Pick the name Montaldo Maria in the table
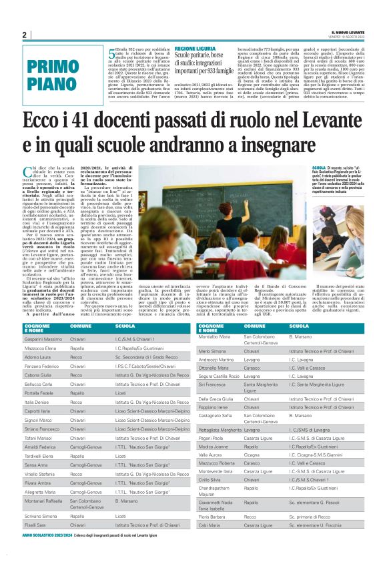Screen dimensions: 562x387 click(214, 337)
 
